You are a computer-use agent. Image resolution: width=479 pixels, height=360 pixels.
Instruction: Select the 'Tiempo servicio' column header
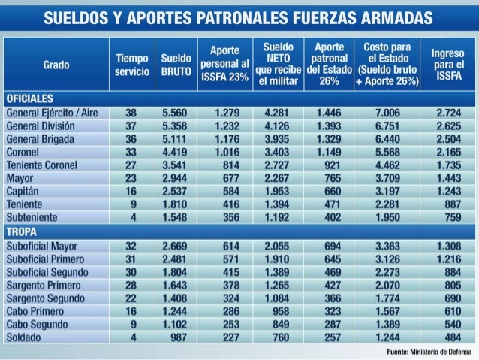(131, 65)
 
